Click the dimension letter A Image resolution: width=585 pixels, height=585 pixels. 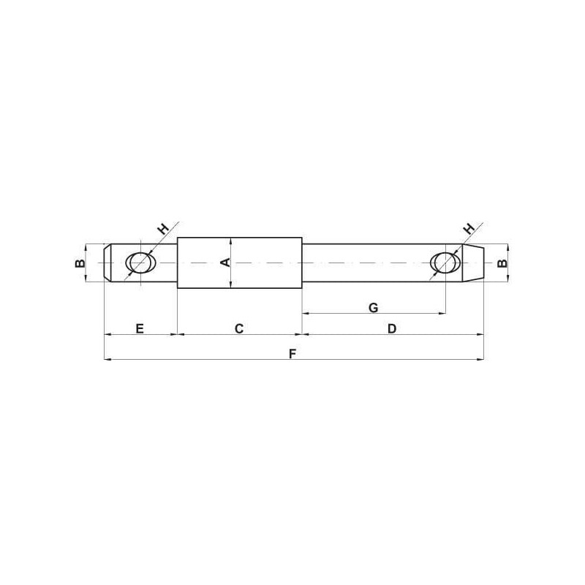(226, 263)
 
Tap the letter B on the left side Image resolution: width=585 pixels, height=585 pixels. (80, 263)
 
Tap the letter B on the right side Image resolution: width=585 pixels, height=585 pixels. (502, 263)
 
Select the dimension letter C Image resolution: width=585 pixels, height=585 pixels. (239, 328)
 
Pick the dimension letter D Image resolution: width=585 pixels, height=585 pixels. (392, 328)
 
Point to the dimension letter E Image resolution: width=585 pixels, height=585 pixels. (140, 328)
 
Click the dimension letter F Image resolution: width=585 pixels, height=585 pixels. (292, 353)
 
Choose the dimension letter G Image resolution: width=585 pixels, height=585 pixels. (373, 308)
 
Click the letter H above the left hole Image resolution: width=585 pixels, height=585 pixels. (162, 228)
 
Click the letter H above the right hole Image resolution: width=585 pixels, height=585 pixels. (469, 228)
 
